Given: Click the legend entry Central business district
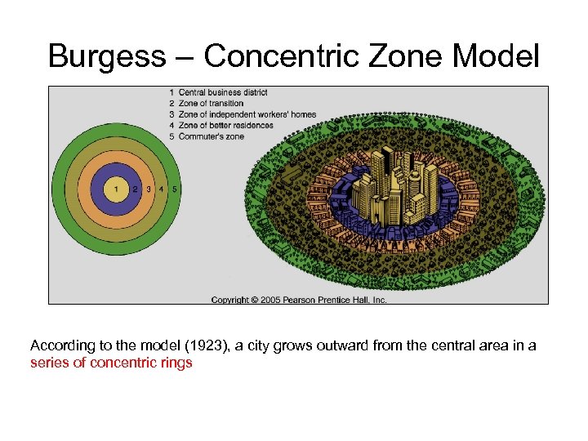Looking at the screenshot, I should click(223, 92).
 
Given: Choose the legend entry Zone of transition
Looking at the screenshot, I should click(211, 104).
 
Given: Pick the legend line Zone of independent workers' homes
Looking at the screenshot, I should click(247, 114).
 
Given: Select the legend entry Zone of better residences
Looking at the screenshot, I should click(225, 125).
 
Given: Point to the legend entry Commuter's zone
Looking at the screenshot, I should click(211, 136).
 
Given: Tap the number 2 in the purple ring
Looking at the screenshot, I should click(136, 189).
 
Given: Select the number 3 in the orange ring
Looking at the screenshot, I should click(148, 189).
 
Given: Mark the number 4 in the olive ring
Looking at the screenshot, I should click(161, 189).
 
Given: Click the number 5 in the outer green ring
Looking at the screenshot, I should click(175, 189).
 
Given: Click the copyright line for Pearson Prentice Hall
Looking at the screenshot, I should click(299, 300).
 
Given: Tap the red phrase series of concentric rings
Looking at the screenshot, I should click(111, 363).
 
